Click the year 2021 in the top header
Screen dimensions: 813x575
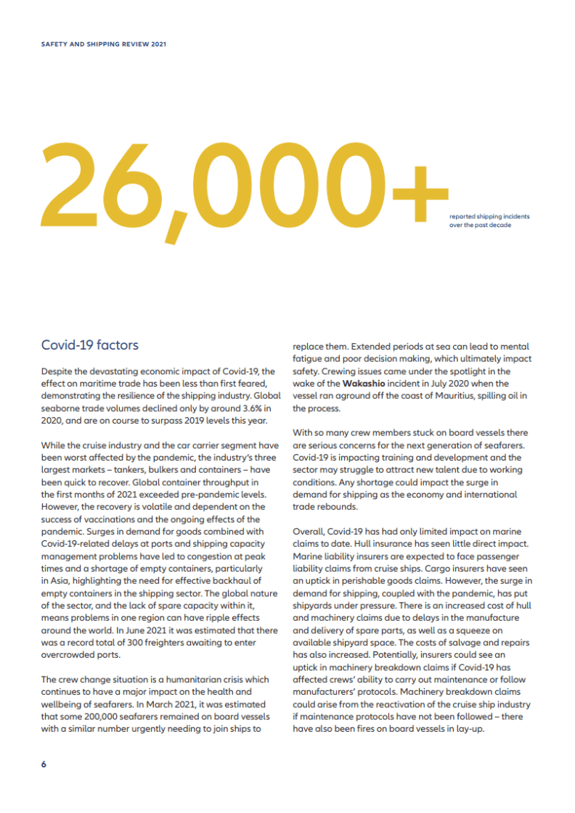[159, 44]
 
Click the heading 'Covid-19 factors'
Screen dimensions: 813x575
[90, 344]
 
